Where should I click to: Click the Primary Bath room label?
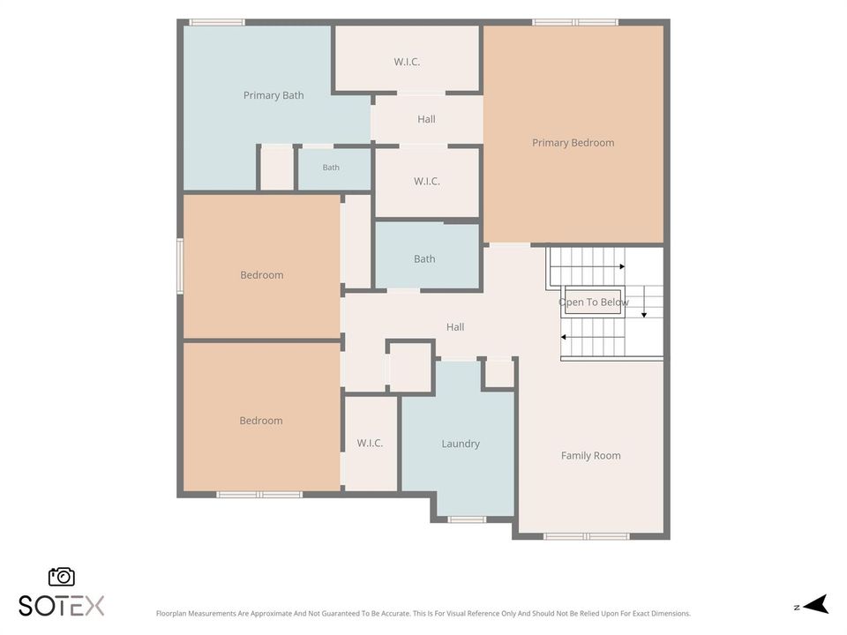274,95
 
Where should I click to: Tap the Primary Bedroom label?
573,143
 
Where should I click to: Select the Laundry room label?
461,444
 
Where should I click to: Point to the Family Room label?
590,456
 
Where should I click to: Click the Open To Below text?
593,303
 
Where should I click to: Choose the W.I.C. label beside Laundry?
370,444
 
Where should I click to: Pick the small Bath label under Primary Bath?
331,168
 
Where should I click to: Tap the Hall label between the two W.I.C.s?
426,119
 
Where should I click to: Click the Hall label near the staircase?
455,326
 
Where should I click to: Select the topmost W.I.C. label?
407,62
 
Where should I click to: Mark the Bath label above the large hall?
424,259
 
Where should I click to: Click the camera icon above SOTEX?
62,577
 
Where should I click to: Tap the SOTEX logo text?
62,606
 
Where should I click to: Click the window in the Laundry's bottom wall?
467,519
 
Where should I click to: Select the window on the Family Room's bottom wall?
587,536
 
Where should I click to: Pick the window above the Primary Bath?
217,22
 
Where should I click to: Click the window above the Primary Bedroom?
575,22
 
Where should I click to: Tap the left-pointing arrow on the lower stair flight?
564,338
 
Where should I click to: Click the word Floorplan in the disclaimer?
169,614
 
